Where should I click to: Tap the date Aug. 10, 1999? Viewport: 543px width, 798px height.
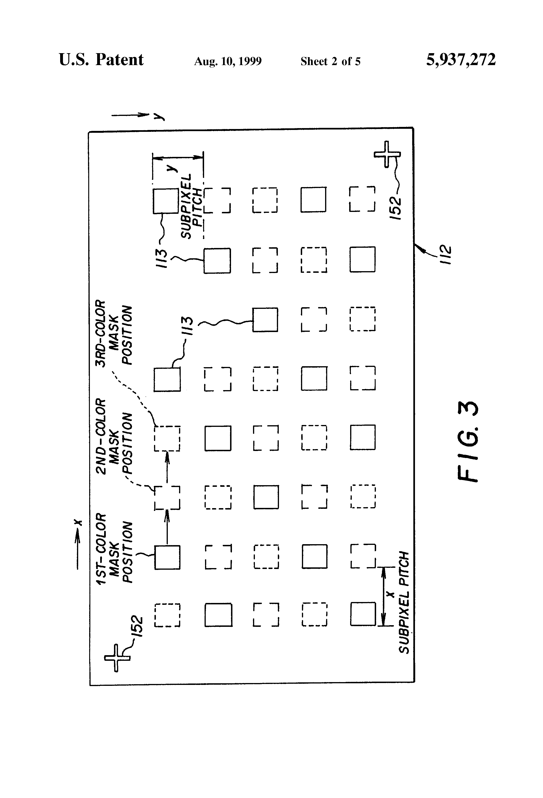(x=228, y=61)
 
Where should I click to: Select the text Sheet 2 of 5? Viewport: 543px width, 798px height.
(x=330, y=61)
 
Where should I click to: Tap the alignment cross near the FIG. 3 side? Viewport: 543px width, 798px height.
(x=387, y=154)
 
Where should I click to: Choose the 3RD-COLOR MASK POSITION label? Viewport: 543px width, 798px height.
(x=114, y=333)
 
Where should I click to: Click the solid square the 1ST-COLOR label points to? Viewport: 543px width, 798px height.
(x=167, y=557)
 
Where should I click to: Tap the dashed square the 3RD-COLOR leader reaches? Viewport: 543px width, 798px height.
(x=167, y=439)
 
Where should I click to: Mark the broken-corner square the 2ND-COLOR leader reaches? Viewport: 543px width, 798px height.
(x=167, y=498)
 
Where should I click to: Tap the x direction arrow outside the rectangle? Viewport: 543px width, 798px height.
(x=78, y=544)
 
